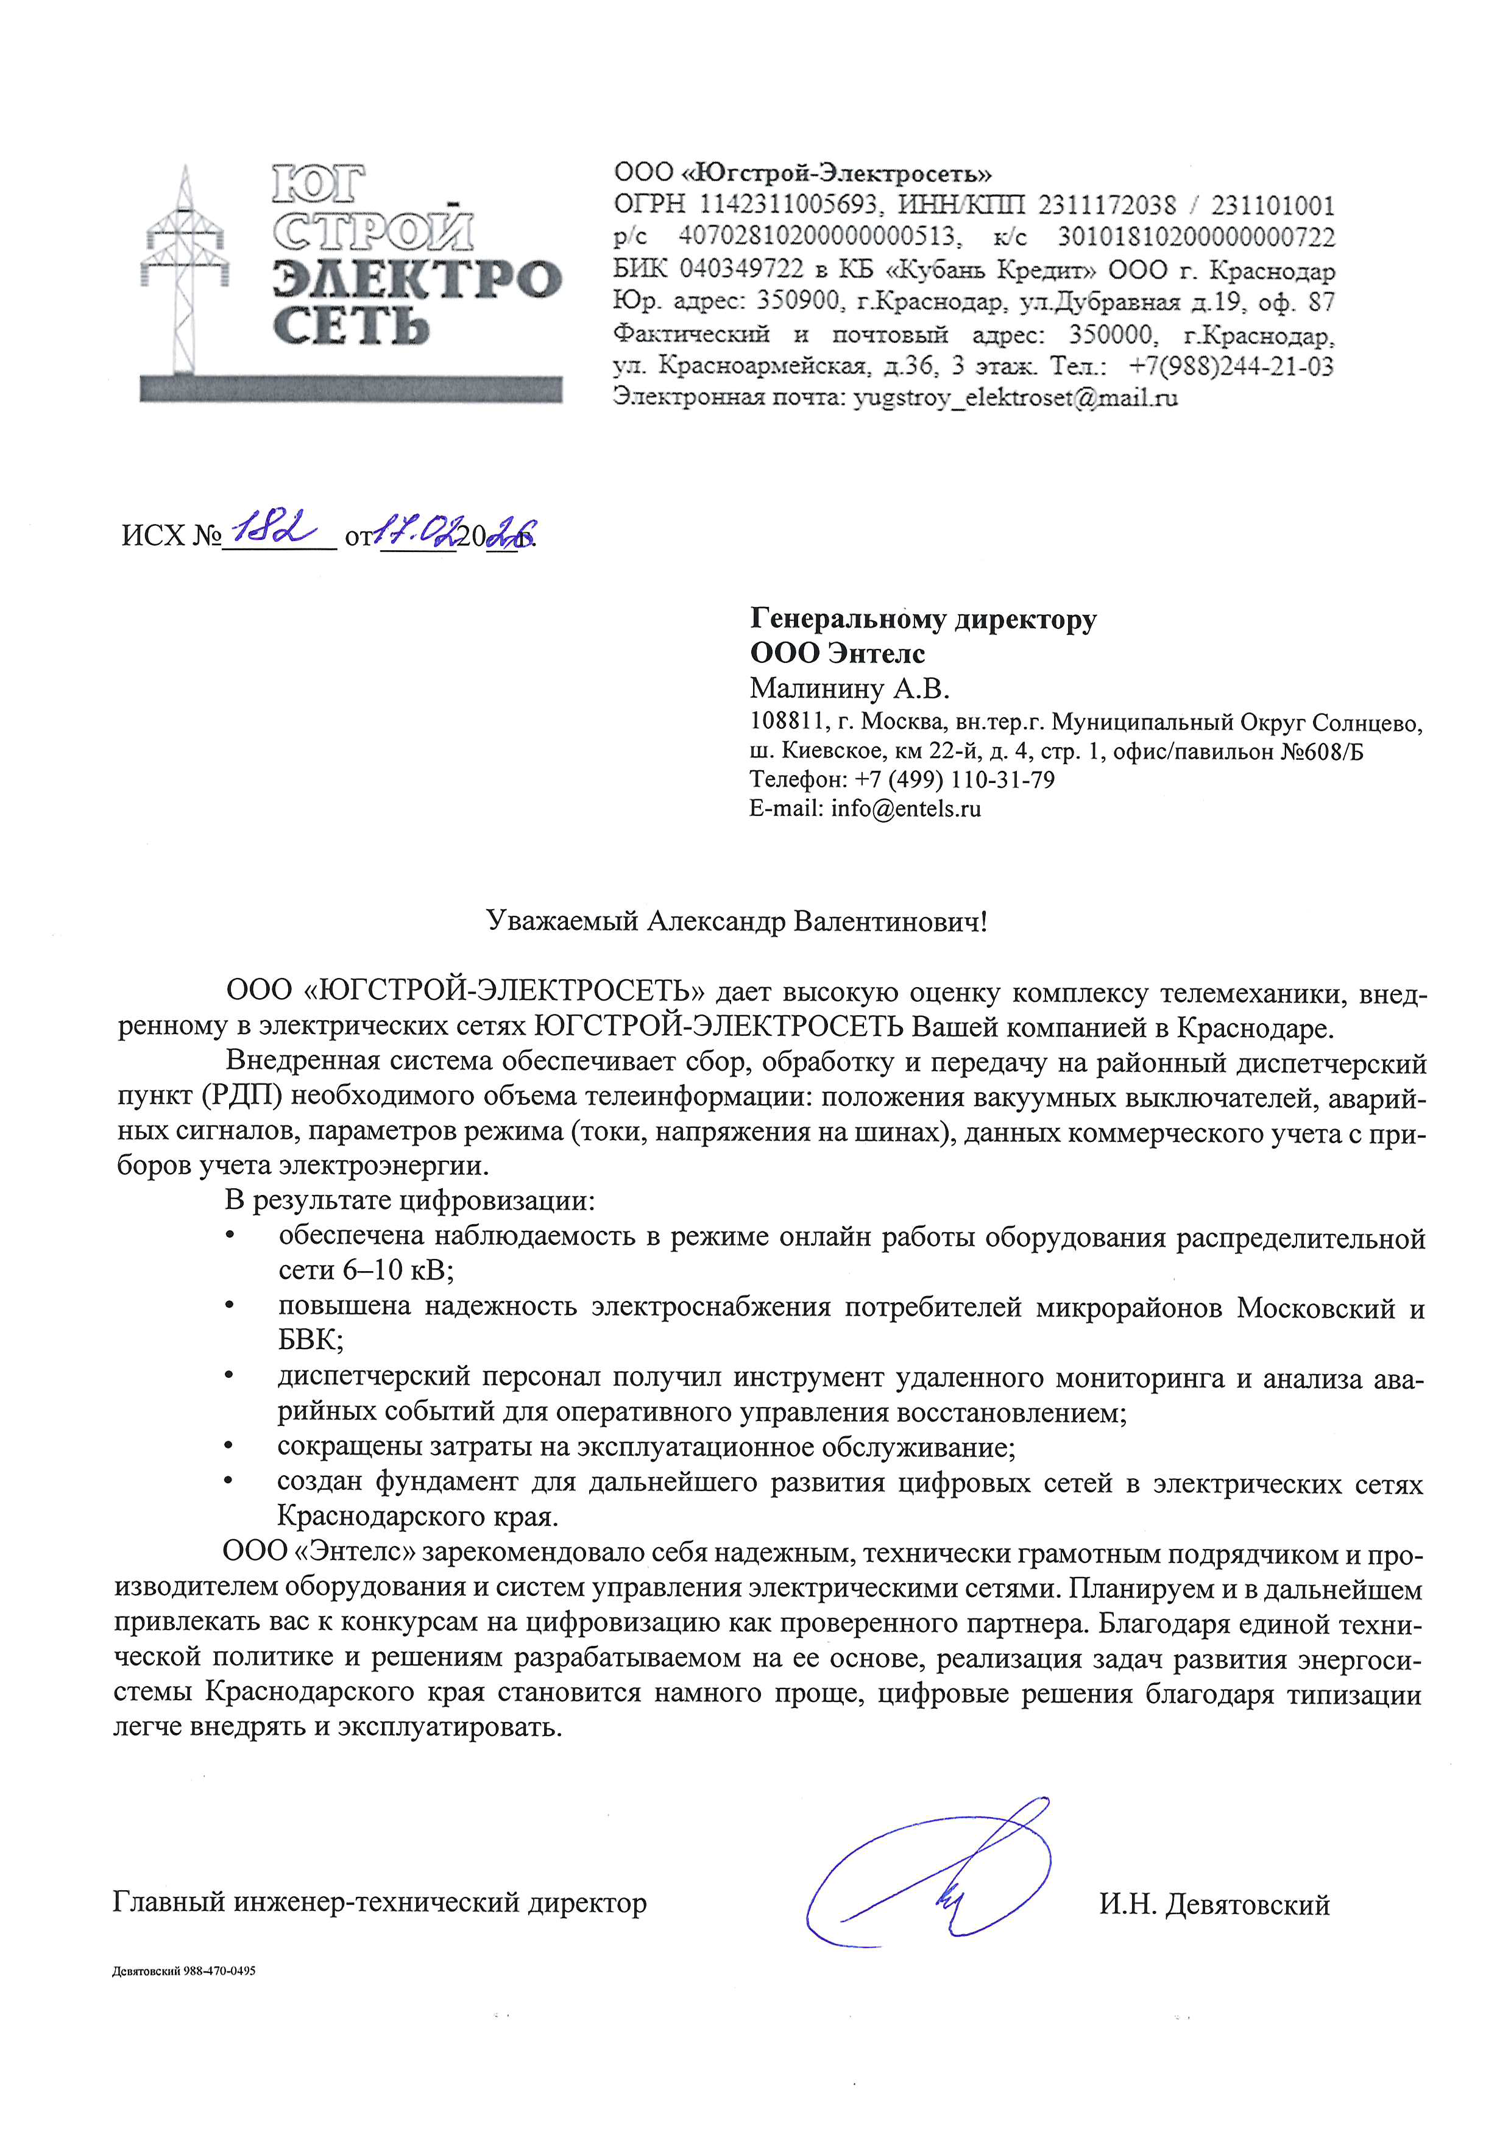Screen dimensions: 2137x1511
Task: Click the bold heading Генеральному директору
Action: pos(923,619)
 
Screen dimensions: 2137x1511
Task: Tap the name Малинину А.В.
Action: pos(849,688)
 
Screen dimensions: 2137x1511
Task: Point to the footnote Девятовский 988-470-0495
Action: pos(183,1971)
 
